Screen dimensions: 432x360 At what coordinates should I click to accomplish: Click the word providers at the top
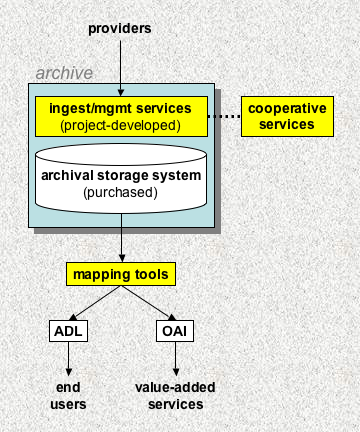[120, 27]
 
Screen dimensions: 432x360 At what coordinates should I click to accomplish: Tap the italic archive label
[64, 73]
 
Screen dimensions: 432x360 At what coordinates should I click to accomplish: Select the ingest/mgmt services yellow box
[120, 116]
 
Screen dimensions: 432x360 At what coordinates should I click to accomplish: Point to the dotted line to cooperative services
[224, 116]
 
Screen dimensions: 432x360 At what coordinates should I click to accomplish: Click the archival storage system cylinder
[120, 180]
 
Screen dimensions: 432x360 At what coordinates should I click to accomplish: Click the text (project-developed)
[120, 125]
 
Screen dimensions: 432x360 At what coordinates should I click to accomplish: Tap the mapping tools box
[120, 272]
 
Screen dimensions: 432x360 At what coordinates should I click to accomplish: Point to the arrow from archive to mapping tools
[120, 243]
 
